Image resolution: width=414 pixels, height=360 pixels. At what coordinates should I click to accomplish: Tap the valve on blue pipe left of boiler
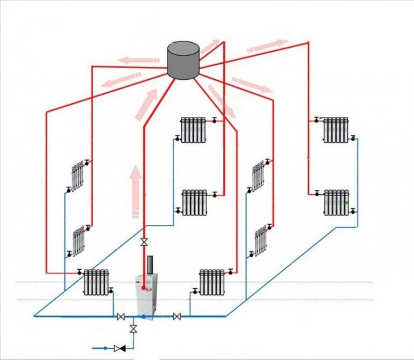120,317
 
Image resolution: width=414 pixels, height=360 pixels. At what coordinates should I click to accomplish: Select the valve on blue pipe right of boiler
177,317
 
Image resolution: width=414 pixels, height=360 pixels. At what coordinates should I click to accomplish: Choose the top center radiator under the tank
193,129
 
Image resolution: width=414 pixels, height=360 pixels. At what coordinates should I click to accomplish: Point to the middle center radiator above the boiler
195,202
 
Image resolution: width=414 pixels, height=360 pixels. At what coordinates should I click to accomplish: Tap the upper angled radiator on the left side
77,176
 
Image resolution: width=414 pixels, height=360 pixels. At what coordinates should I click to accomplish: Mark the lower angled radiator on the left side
78,241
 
